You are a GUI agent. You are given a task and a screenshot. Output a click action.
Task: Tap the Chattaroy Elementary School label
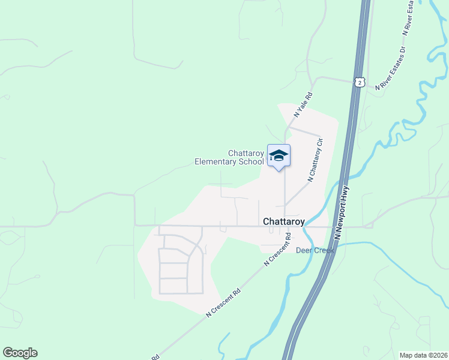229,157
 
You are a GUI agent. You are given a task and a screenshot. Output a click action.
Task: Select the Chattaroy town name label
284,221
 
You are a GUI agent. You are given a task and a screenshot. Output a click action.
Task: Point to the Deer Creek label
315,250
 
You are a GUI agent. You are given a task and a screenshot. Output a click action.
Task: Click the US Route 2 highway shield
359,82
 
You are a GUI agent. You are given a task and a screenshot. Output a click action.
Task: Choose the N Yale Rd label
303,104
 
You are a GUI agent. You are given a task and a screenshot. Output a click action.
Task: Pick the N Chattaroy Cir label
315,160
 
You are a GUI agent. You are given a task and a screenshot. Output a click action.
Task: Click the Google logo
20,353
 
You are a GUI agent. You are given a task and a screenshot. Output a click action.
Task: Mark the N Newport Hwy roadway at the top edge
364,5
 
